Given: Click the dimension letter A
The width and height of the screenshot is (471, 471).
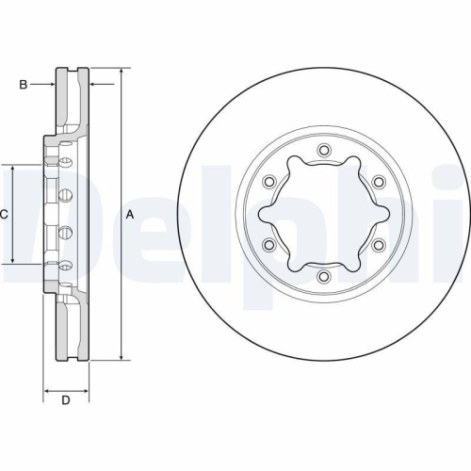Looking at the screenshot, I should (x=130, y=215).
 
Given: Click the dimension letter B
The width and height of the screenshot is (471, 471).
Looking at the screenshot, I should (x=24, y=85).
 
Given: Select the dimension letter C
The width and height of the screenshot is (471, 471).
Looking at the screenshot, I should (x=4, y=215).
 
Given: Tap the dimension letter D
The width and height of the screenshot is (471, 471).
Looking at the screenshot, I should (x=66, y=402).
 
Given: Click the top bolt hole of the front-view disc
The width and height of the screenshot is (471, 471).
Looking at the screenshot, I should (x=323, y=151).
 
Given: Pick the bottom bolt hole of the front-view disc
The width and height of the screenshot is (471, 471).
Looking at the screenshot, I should (x=323, y=277).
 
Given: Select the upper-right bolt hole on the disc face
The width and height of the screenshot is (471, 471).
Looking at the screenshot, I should (x=378, y=182).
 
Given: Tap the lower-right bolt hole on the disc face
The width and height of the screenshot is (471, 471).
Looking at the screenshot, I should (x=378, y=246).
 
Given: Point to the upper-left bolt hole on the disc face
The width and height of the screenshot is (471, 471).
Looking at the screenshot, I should (x=268, y=182).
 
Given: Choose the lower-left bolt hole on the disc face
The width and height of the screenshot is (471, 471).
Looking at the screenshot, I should (x=268, y=246).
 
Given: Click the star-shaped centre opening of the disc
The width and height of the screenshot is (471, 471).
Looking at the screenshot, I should (x=323, y=214).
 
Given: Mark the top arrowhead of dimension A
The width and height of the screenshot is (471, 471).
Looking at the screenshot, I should (x=122, y=72).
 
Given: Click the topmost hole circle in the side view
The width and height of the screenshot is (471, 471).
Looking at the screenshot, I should (x=66, y=165).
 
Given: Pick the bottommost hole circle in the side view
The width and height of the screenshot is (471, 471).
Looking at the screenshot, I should (x=66, y=265).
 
